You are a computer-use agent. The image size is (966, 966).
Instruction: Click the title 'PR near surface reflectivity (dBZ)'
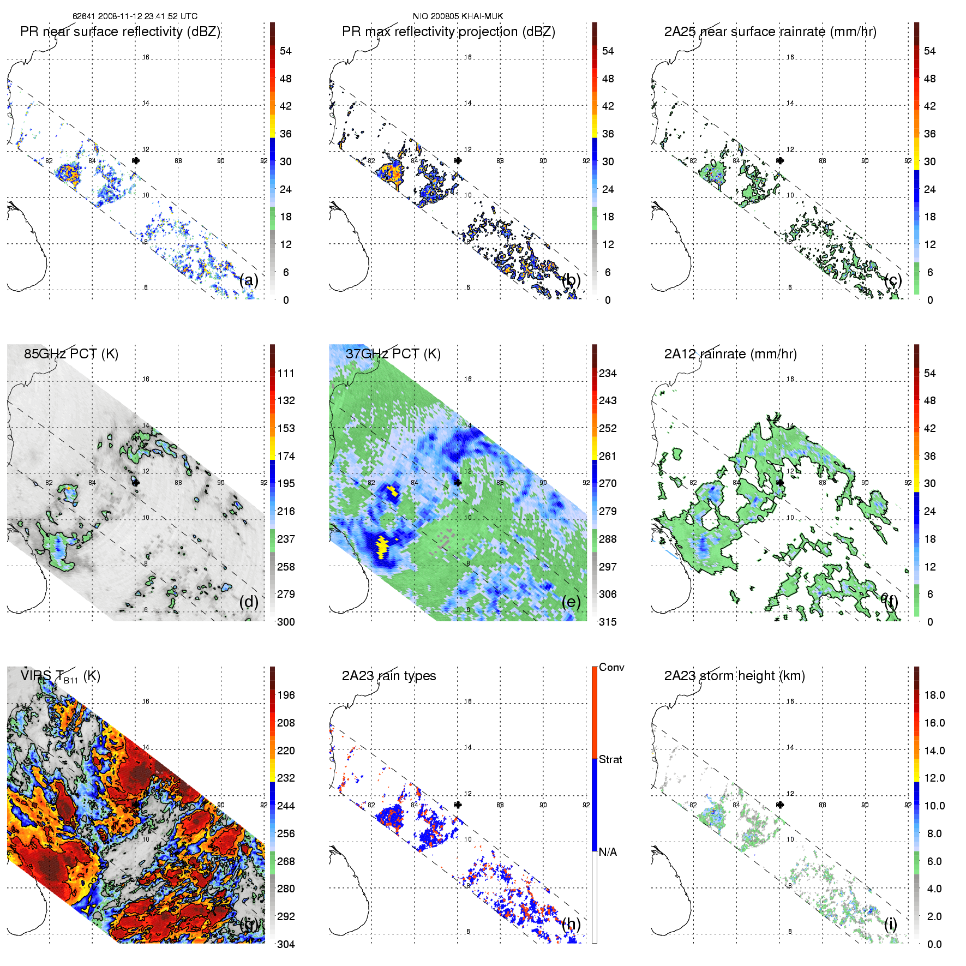point(120,32)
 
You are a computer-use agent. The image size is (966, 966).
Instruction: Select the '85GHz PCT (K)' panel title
point(71,353)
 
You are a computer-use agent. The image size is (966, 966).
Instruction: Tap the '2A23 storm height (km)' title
point(734,676)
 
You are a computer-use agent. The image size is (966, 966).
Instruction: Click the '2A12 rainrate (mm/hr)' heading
point(730,353)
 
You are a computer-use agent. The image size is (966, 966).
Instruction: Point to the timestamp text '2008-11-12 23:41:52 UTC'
point(147,16)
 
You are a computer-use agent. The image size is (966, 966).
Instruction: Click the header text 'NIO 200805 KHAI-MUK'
point(458,16)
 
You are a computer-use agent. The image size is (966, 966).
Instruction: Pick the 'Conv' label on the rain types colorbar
point(611,667)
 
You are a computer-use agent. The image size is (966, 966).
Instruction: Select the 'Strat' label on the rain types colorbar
point(610,759)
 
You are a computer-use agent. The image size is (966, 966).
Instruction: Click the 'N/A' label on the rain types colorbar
point(608,852)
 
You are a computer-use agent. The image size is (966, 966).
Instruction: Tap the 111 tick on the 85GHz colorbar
point(286,373)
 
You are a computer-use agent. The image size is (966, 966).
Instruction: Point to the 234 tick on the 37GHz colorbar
point(608,373)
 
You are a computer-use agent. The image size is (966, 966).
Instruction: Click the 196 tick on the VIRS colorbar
point(286,695)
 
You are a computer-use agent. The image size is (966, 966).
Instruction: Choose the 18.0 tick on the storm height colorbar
point(934,695)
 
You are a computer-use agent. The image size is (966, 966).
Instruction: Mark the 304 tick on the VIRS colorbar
point(286,944)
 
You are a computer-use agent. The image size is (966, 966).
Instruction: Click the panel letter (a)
point(249,280)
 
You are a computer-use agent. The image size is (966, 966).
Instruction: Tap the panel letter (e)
point(571,602)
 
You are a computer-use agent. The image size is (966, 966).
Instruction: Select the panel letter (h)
point(571,924)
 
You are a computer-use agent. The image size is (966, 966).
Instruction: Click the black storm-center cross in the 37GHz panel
point(458,483)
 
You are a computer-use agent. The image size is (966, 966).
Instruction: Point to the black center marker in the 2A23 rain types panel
point(458,805)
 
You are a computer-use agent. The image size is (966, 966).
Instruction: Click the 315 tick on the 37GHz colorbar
point(608,622)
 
